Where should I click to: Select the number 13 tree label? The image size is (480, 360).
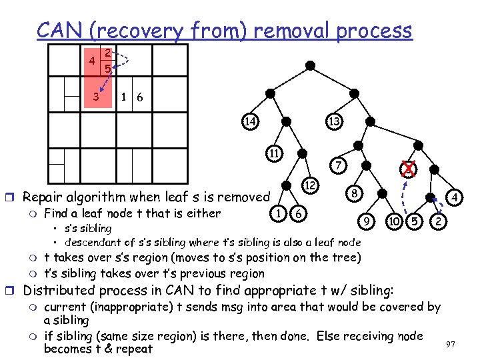pos(335,121)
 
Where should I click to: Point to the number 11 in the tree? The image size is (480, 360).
pos(274,153)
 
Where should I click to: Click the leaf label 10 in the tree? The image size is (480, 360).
pos(395,219)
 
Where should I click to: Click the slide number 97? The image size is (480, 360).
pos(451,345)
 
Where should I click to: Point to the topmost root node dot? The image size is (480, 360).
pos(311,65)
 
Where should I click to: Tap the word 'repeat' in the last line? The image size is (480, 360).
pos(135,349)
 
